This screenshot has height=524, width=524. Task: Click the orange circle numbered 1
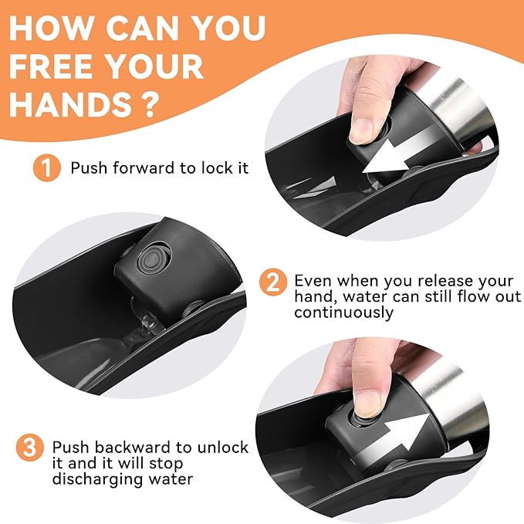point(47,167)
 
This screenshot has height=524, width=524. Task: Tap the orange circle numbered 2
point(273,282)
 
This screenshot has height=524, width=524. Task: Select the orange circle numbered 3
point(30,447)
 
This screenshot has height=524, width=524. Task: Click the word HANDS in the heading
point(70,104)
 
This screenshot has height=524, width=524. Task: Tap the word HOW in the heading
point(50,28)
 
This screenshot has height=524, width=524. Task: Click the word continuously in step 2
point(344,313)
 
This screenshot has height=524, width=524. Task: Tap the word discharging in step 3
point(98,479)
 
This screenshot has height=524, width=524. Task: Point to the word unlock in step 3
point(223,447)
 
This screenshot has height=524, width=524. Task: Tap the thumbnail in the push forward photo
point(360,131)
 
